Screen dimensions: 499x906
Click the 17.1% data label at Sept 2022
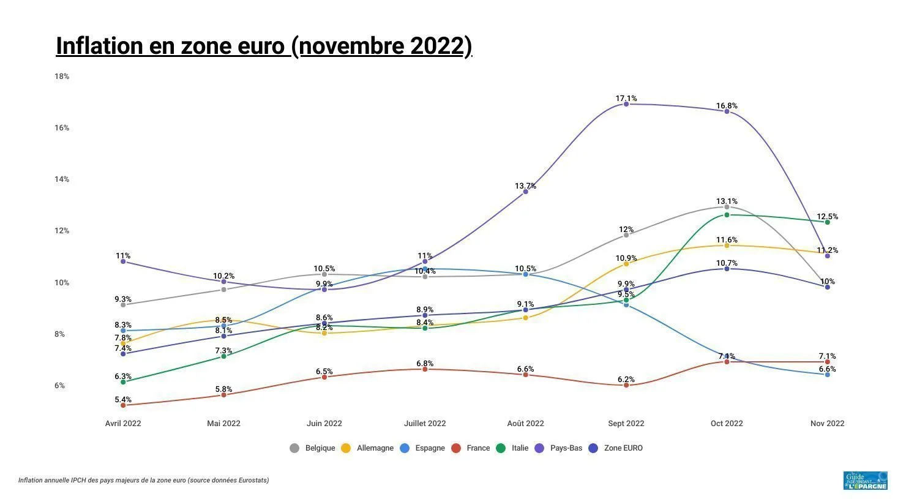coord(626,98)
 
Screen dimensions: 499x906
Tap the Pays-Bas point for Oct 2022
coord(727,111)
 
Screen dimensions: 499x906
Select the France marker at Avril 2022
coord(123,405)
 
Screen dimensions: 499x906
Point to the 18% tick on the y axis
coord(62,77)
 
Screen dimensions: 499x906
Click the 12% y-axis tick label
coord(62,231)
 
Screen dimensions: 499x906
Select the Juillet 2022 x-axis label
coord(425,424)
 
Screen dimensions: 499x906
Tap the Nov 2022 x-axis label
coord(827,424)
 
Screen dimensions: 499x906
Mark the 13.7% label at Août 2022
coord(525,186)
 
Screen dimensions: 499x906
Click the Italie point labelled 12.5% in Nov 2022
coord(827,222)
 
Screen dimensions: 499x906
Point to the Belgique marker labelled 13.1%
coord(727,207)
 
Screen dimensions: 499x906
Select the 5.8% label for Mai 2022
coord(223,389)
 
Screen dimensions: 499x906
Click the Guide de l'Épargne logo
coord(865,481)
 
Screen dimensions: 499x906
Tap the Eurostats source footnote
coord(143,481)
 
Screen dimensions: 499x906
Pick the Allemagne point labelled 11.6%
coord(727,246)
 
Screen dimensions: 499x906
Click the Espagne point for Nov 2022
coord(827,374)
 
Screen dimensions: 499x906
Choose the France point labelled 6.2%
coord(626,385)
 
